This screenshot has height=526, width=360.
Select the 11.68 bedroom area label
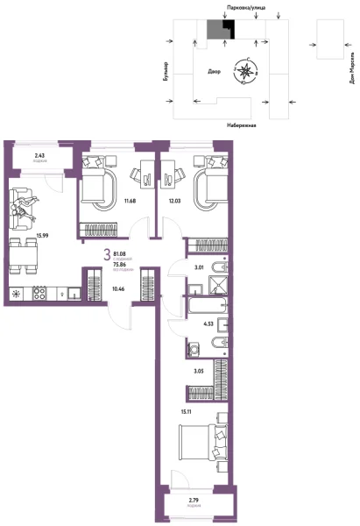click(131, 201)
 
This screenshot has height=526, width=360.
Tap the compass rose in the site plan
click(247, 72)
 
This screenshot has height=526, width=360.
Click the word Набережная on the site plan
click(241, 125)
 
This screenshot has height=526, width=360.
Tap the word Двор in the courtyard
click(214, 71)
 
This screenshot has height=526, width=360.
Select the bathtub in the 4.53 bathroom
click(207, 306)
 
